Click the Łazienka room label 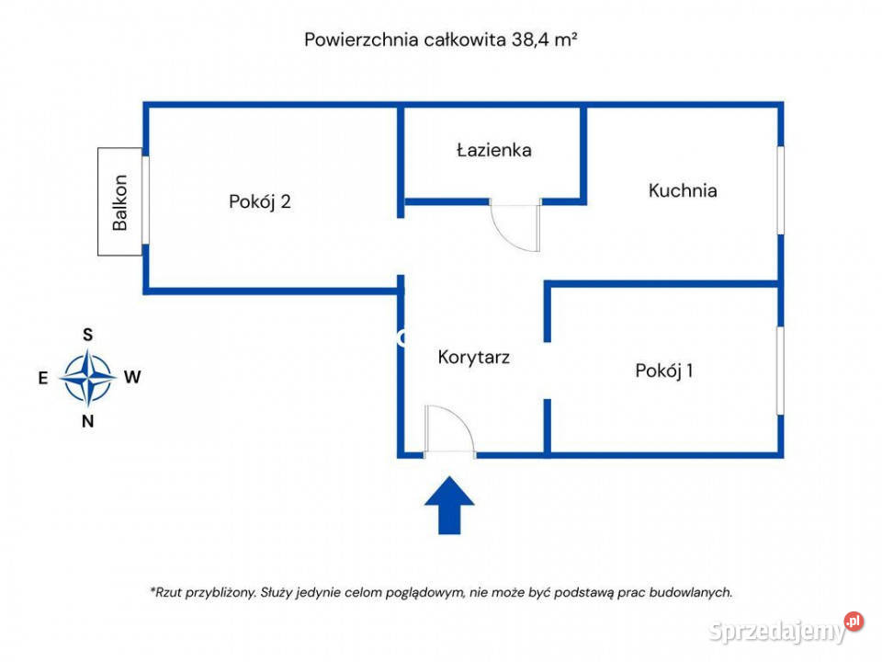click(493, 150)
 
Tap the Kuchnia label click(682, 191)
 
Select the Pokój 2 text click(260, 201)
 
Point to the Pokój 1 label click(663, 371)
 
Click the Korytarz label click(473, 357)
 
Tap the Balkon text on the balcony click(120, 202)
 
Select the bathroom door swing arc click(514, 227)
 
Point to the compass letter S click(88, 335)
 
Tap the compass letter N click(88, 422)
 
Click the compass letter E click(43, 377)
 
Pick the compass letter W click(132, 377)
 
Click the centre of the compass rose click(88, 378)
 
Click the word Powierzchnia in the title click(361, 40)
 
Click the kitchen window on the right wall click(780, 190)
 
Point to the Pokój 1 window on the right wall click(780, 370)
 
